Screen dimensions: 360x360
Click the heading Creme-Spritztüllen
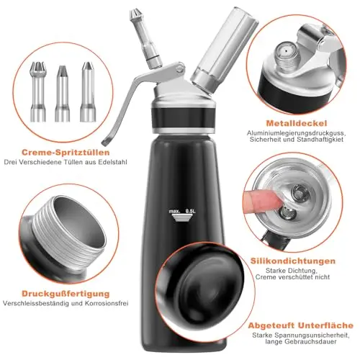66,153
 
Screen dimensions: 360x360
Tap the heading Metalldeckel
297,123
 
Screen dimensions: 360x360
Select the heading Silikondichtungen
293,261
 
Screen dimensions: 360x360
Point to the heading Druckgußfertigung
66,294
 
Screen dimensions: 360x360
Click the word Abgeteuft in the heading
271,325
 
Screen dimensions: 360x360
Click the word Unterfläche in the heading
326,325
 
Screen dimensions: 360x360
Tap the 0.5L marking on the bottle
191,211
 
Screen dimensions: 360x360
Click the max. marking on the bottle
174,212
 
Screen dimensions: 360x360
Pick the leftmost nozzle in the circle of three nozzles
37,91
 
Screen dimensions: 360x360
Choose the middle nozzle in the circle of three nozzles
63,94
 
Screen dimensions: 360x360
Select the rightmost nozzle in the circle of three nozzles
88,91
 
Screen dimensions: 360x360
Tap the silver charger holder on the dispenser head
224,49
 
